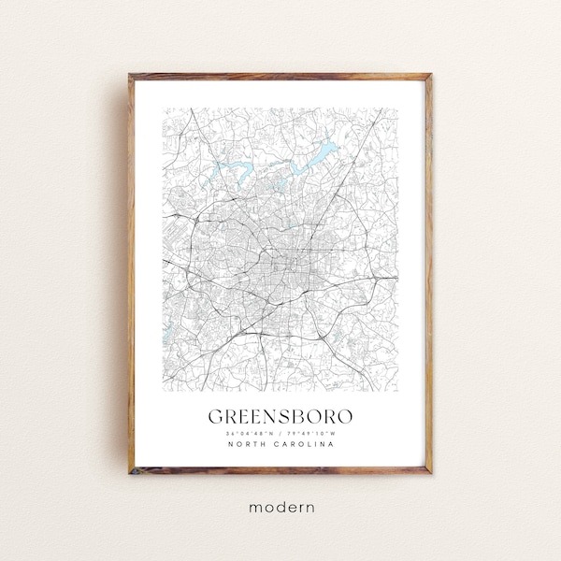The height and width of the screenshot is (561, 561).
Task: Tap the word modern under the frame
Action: [x=280, y=506]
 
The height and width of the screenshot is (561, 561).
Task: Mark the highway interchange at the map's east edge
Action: [x=381, y=278]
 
